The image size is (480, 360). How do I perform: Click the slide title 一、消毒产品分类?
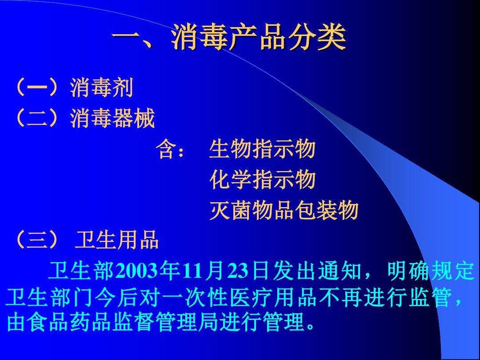(229, 37)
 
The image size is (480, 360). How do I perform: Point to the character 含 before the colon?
(167, 149)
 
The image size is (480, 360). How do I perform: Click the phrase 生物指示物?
(262, 149)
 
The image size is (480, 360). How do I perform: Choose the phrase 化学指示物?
(263, 180)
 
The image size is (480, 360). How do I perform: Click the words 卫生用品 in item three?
(116, 240)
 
